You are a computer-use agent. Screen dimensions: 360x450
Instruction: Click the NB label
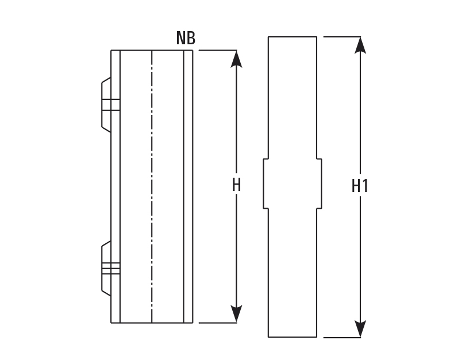pos(186,39)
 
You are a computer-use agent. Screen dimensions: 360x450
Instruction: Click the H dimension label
pos(236,185)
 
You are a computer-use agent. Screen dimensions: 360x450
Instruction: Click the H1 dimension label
pos(360,186)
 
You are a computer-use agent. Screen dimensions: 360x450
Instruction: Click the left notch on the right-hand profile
pos(265,183)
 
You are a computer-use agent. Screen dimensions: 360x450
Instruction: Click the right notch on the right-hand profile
pos(319,183)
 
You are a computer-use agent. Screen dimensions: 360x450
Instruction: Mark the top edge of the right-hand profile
pos(293,37)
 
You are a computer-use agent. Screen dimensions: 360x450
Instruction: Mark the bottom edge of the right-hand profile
pos(293,337)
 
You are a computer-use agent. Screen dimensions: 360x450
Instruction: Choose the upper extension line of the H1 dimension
pos(343,37)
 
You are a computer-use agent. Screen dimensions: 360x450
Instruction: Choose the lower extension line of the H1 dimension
pos(343,337)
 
